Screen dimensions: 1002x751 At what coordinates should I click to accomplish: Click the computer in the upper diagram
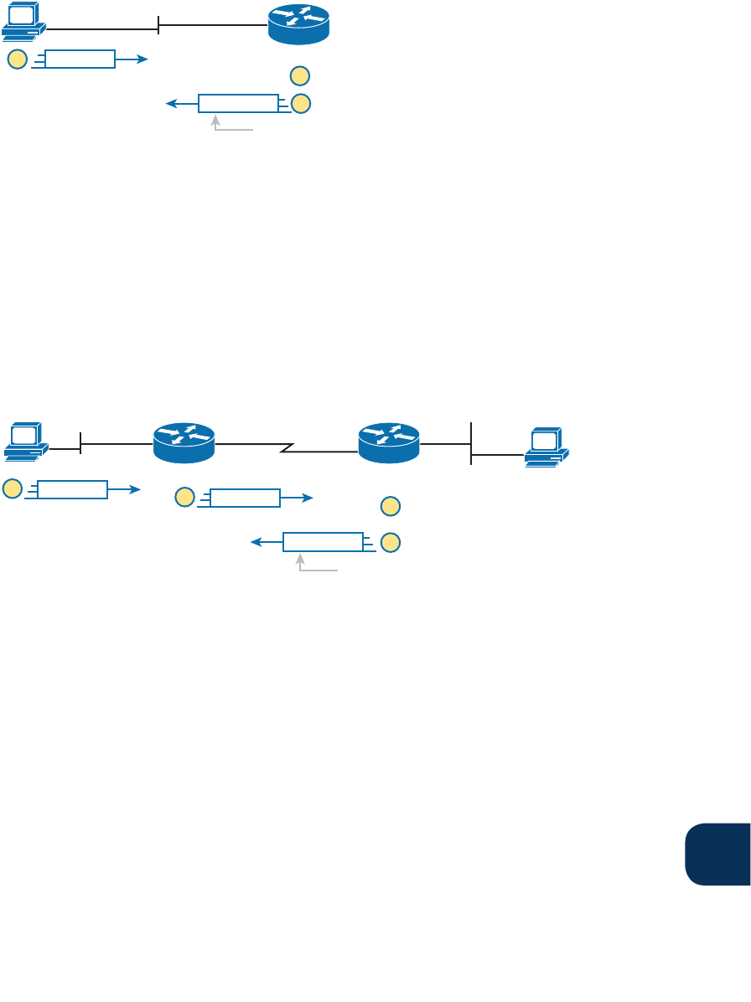[x=23, y=21]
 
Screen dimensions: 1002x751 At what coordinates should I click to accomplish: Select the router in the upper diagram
[x=298, y=24]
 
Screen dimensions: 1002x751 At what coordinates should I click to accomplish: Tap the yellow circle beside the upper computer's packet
[x=17, y=59]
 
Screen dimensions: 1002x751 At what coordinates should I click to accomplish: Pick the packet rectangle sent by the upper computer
[x=80, y=59]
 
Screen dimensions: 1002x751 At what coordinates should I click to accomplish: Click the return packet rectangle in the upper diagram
[x=238, y=104]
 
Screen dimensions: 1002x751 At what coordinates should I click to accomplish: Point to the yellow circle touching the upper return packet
[x=300, y=104]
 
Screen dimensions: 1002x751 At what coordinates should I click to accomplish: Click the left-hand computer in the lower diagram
[x=26, y=442]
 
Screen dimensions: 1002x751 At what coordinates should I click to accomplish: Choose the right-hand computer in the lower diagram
[x=546, y=447]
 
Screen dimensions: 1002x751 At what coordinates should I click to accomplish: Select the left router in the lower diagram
[x=184, y=442]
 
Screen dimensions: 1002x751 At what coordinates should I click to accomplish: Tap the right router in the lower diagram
[x=389, y=442]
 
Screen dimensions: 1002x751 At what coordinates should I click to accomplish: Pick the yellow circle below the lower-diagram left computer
[x=12, y=489]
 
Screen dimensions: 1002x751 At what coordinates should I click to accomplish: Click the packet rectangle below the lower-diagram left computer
[x=72, y=489]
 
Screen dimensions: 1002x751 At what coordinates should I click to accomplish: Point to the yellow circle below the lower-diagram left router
[x=185, y=498]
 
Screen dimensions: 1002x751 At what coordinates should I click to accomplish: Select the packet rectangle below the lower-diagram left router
[x=245, y=498]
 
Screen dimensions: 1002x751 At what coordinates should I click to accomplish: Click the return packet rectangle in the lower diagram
[x=323, y=542]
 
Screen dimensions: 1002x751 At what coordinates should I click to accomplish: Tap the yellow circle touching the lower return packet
[x=390, y=542]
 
